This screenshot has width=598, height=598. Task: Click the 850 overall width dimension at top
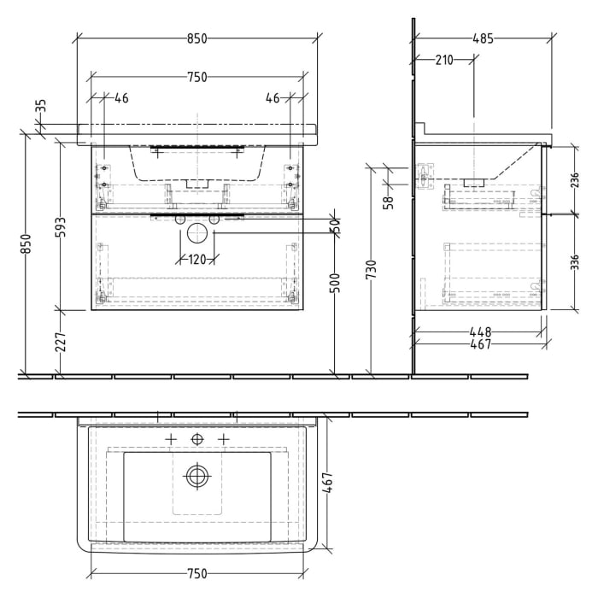click(x=197, y=38)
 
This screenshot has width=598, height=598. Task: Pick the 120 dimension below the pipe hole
click(x=197, y=260)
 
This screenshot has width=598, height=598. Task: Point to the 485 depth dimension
click(x=482, y=38)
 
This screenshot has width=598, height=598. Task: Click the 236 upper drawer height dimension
click(x=575, y=180)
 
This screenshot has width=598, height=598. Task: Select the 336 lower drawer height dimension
click(x=575, y=261)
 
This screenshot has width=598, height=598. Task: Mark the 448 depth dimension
click(x=479, y=332)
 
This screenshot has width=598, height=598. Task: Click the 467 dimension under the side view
click(x=479, y=344)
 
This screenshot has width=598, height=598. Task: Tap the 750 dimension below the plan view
click(x=197, y=573)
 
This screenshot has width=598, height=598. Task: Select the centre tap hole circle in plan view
click(x=197, y=438)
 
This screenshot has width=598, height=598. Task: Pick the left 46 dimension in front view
click(x=120, y=98)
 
